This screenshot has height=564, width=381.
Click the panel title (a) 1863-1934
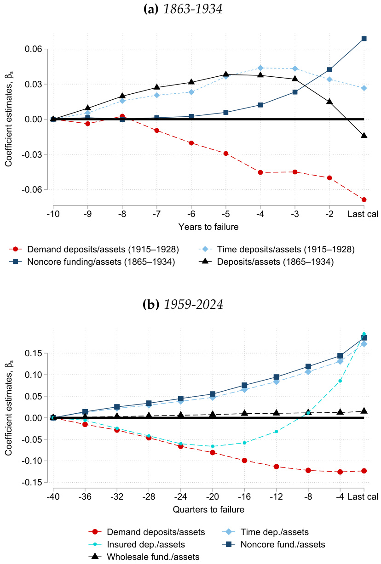[x=190, y=10]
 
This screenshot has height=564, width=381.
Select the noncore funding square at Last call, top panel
[x=364, y=39]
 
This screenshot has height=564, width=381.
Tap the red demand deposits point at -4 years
[x=260, y=172]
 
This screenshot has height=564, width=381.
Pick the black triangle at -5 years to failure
[x=226, y=74]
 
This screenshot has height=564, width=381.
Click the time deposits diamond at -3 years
[x=295, y=68]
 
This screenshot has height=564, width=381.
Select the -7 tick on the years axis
[x=157, y=215]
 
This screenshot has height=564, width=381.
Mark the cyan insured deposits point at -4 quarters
[x=340, y=381]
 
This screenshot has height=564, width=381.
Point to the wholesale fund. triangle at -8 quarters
[x=308, y=413]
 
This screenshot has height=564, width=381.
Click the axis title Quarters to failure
[x=208, y=510]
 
